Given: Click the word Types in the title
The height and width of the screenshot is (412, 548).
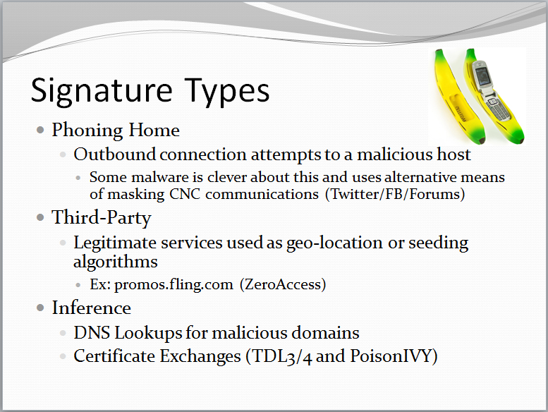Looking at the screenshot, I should click(x=225, y=92).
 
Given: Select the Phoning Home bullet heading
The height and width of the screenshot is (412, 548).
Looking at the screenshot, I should click(x=116, y=131).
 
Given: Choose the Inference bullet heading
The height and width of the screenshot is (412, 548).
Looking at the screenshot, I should click(x=91, y=308).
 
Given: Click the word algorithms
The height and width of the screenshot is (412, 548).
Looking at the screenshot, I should click(x=115, y=262).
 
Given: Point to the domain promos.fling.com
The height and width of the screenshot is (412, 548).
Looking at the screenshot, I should click(x=173, y=285).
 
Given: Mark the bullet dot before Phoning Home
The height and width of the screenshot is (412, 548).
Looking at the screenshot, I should click(x=41, y=131).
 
